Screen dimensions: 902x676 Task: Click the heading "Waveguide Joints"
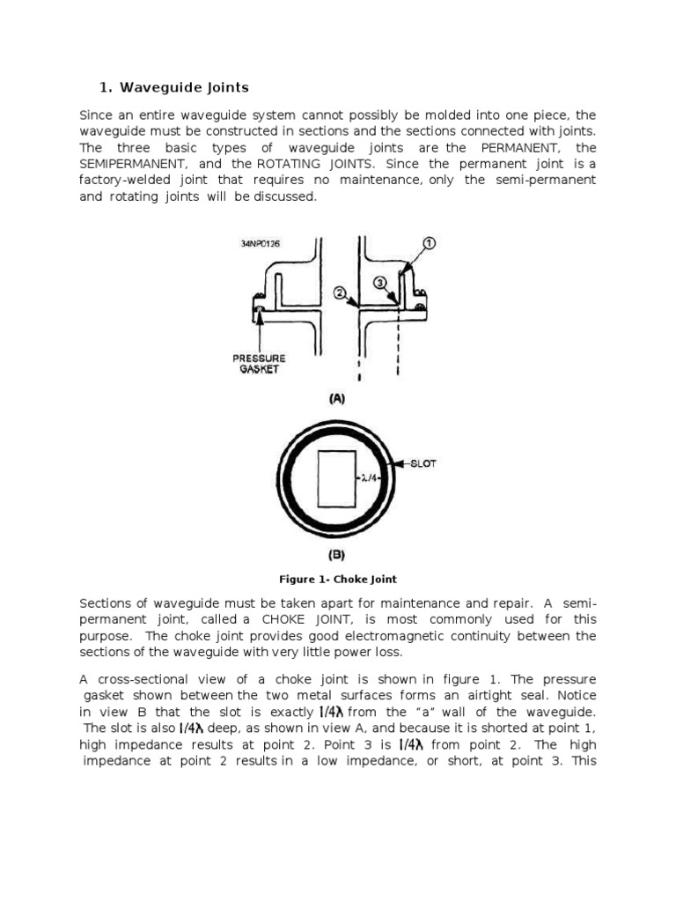coord(184,87)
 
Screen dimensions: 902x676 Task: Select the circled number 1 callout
coord(430,243)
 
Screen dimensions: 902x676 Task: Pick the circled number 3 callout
coord(380,283)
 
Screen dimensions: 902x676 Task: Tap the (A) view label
coord(337,398)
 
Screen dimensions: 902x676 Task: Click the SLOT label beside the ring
coord(423,463)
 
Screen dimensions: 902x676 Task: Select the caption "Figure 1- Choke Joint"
coord(337,579)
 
